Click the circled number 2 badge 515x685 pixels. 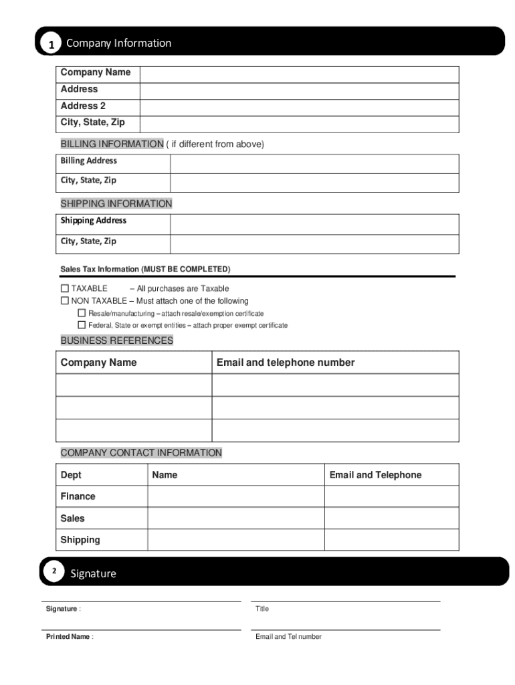(x=54, y=571)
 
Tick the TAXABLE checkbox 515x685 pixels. (x=65, y=288)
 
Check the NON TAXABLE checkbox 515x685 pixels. (x=65, y=301)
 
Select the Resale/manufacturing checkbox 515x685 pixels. (x=82, y=313)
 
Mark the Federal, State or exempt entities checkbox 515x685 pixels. (x=82, y=325)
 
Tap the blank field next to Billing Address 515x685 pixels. (x=314, y=164)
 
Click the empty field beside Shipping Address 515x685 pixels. (x=314, y=224)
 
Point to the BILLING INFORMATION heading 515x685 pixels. (x=112, y=144)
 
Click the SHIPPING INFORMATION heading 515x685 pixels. (x=116, y=204)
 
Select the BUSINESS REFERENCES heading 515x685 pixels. (x=117, y=340)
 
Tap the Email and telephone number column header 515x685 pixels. (x=286, y=363)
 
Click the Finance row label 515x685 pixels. (x=78, y=496)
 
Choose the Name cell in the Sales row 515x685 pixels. (x=235, y=518)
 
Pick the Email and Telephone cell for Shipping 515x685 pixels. (x=391, y=540)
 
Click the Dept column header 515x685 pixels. (x=71, y=475)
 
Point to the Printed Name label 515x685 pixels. (x=68, y=637)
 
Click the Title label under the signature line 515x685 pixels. (x=262, y=609)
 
